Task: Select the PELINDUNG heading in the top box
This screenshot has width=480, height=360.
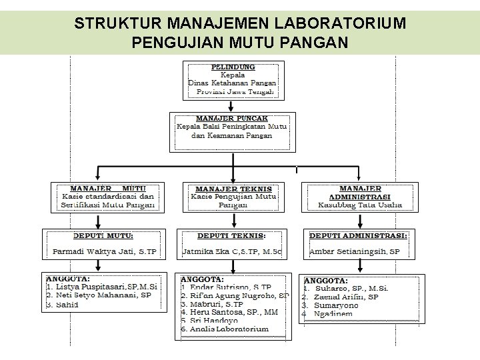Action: (233, 67)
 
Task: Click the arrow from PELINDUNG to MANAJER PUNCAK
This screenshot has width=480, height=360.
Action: (231, 105)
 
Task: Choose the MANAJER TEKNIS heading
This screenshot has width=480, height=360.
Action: (233, 189)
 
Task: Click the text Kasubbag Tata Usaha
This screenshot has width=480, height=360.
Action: (360, 205)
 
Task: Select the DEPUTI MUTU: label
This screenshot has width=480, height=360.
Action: (103, 235)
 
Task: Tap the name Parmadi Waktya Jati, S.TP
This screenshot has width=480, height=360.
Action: (105, 252)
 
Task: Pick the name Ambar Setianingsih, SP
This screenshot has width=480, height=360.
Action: (354, 252)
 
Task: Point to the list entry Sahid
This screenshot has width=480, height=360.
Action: (66, 305)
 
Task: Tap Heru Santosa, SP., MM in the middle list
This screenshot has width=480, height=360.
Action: (227, 312)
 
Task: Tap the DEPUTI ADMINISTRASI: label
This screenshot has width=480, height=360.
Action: (359, 235)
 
